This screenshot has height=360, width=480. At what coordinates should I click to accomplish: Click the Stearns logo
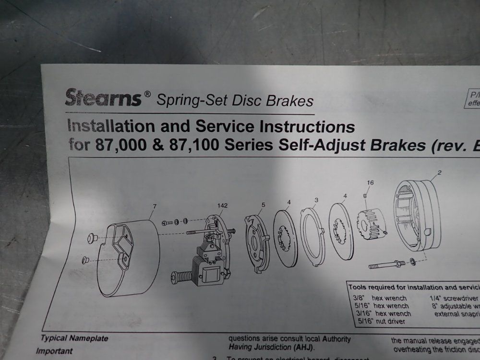tap(103, 98)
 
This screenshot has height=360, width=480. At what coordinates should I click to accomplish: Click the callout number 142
tap(222, 205)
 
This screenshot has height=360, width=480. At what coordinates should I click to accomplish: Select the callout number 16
tap(370, 182)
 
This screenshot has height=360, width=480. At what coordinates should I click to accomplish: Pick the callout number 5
tap(263, 205)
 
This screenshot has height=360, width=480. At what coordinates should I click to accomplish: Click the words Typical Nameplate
tap(74, 338)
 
